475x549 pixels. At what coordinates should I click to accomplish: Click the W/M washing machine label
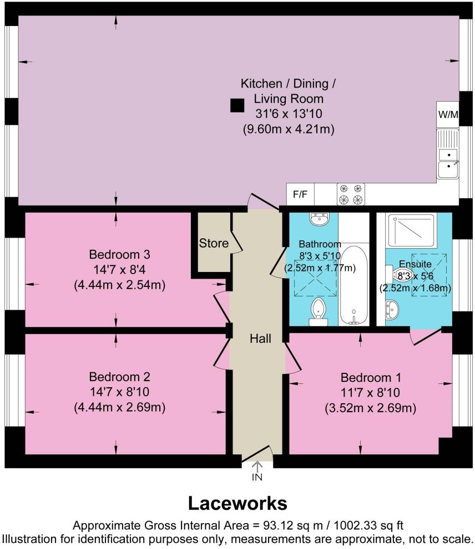coord(448,115)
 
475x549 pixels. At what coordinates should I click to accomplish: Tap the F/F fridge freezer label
coord(300,194)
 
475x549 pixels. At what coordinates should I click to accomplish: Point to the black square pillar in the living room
coord(237,105)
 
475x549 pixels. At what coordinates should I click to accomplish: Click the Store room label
coord(214,243)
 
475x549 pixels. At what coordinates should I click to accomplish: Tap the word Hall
coord(260,338)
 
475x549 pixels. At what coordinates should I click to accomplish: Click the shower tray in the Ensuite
coord(414,230)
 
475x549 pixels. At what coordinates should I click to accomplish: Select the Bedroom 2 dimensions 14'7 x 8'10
coord(120,392)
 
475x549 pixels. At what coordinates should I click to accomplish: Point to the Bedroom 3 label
coord(120,255)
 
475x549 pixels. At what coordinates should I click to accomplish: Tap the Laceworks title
coord(238,503)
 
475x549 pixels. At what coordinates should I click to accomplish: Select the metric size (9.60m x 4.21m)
coord(288,129)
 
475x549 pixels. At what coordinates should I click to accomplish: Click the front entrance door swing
coord(259,453)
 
